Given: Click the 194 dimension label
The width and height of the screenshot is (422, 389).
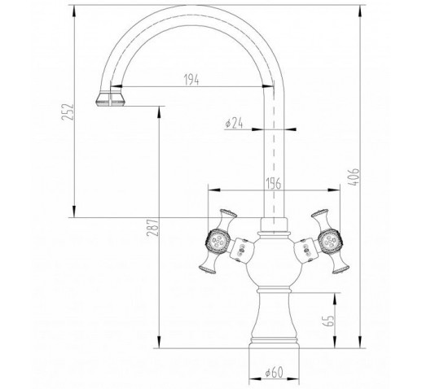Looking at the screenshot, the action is coord(191,80).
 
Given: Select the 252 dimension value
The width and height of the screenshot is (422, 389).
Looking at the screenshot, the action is coord(68,111).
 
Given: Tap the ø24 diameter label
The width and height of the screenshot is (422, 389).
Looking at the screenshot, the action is coord(234,124).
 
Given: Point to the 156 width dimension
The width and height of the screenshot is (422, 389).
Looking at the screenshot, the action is coord(273,184).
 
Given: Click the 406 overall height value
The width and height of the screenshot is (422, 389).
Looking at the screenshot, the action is coord(354,177).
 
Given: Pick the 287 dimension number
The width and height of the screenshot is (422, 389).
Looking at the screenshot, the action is coord(152,227).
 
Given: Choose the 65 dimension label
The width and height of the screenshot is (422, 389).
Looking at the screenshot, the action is coord(328,321).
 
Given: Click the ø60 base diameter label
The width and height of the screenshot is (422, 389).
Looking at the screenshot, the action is coord(275,372).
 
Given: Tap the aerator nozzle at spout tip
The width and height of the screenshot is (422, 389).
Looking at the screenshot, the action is coord(111,98).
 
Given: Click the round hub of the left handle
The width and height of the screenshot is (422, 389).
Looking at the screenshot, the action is coord(218,240).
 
